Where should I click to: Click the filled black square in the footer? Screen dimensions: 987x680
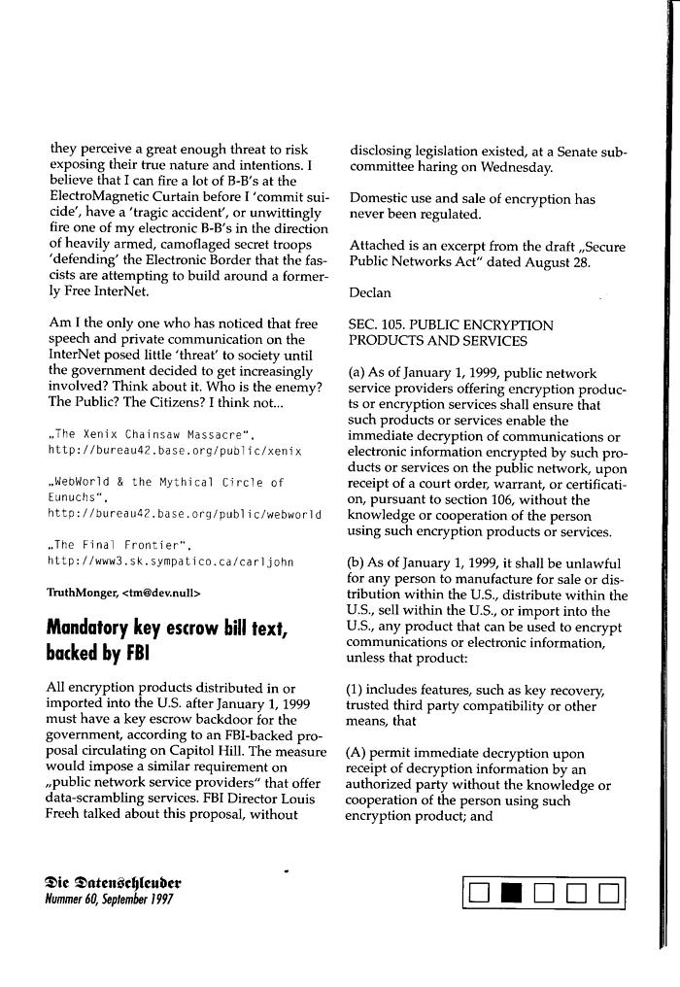pos(511,892)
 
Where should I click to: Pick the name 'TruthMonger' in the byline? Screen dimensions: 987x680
pos(78,592)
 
